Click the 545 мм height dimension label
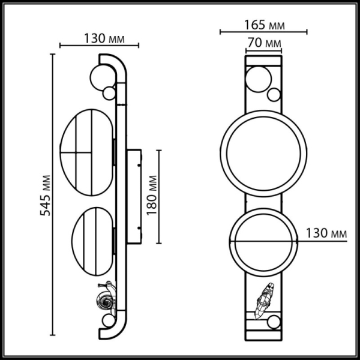(x=44, y=196)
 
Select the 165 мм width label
(x=264, y=26)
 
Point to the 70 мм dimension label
(x=264, y=43)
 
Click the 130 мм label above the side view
(x=100, y=38)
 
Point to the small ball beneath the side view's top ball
(x=109, y=93)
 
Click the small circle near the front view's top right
(x=274, y=94)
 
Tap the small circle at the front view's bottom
(x=274, y=322)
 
